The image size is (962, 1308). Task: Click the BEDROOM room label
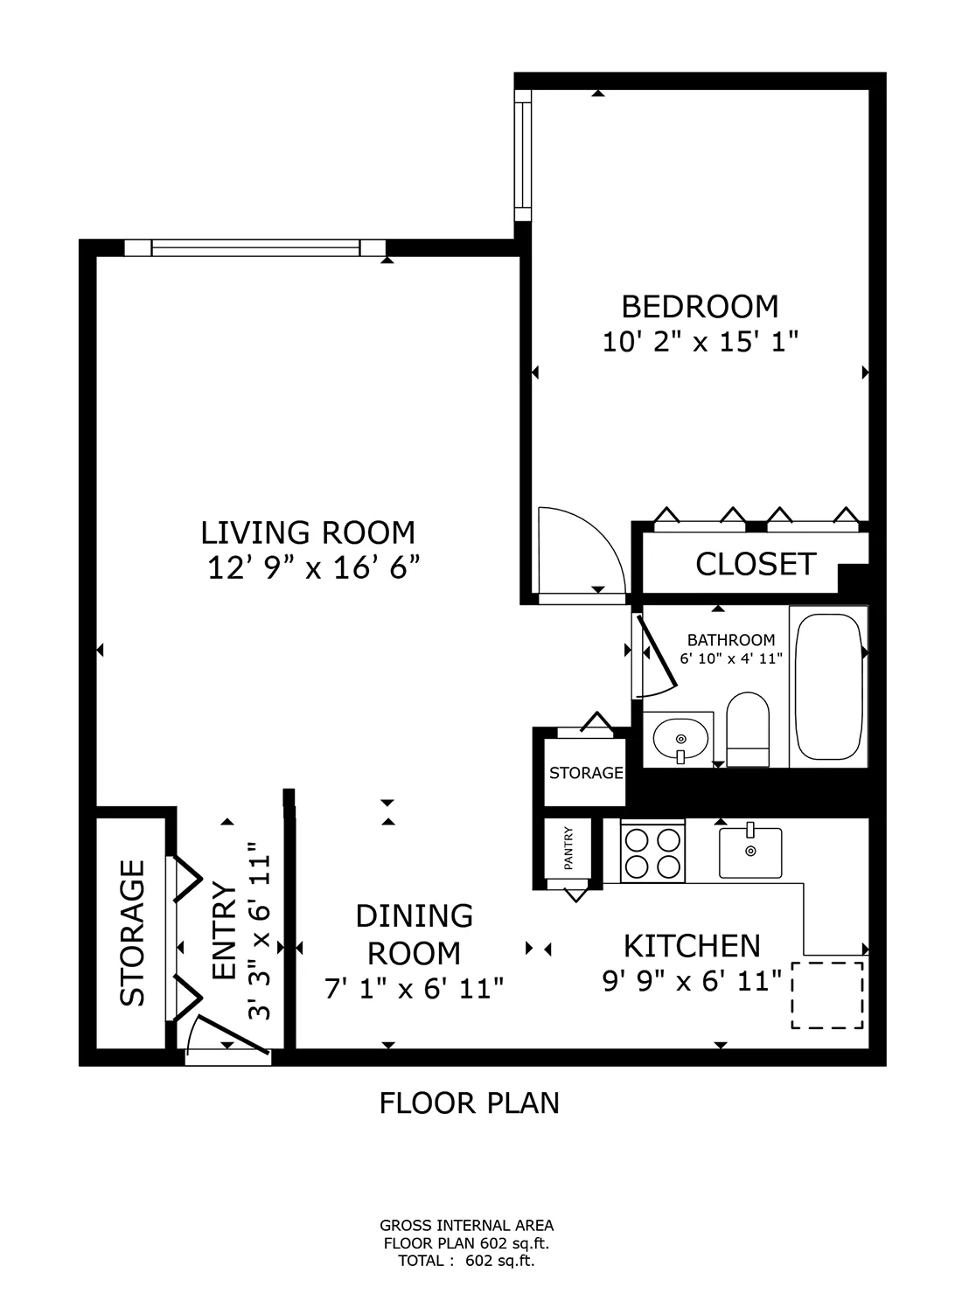tap(700, 307)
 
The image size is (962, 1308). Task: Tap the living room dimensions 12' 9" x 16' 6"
tap(314, 567)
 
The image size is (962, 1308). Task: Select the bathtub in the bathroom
tap(829, 686)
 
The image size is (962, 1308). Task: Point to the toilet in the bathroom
tap(748, 729)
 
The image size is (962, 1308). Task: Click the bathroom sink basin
tap(680, 740)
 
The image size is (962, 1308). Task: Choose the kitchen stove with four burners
tap(652, 852)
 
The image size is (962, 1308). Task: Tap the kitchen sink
tap(750, 852)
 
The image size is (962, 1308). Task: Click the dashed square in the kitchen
tap(827, 995)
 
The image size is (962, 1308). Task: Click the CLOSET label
tap(756, 564)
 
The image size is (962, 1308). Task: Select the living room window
tap(255, 247)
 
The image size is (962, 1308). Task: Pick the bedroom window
tap(523, 156)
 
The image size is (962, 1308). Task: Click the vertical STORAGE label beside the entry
tap(133, 934)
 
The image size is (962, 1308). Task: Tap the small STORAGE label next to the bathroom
tap(586, 773)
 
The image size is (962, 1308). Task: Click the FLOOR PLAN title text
tap(470, 1103)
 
